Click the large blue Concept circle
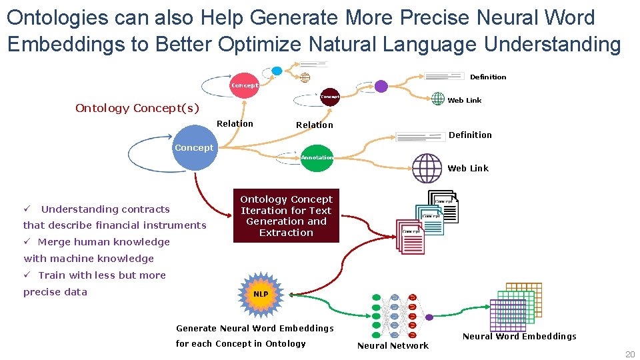coord(195,148)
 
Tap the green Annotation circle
coord(317,158)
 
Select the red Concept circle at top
coord(244,85)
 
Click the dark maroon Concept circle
coord(330,97)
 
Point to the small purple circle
coord(381,86)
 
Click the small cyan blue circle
coord(277,71)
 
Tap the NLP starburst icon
coord(260,294)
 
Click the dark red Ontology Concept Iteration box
coord(286,216)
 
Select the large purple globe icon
coord(427,168)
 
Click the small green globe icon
coord(437,99)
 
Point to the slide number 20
coord(629,355)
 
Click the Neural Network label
coord(393,345)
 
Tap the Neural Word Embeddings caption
coord(519,336)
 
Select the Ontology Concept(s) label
coord(137,108)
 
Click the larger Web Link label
coord(468,169)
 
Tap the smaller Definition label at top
coord(488,77)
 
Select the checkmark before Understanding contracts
coord(27,209)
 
